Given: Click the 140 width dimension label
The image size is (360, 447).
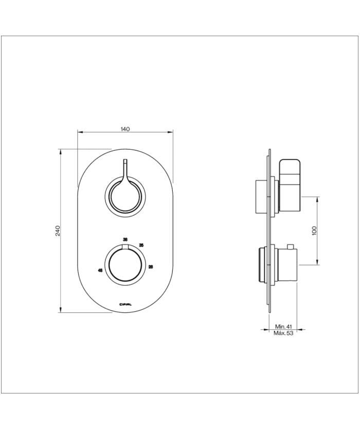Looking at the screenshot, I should point(124,129).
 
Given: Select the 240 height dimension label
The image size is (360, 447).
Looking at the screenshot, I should point(58,231).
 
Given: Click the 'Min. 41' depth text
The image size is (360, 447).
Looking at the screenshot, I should point(283,326).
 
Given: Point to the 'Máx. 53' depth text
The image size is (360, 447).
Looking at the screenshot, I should point(283,333).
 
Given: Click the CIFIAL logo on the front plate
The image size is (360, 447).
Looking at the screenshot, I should point(125,303).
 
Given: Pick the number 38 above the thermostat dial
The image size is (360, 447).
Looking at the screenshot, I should point(125,239).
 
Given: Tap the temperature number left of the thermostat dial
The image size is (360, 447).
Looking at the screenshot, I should point(100,270).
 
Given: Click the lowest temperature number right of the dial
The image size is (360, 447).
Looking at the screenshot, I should point(150,266).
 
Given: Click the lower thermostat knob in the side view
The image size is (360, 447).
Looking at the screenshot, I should point(285,265).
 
